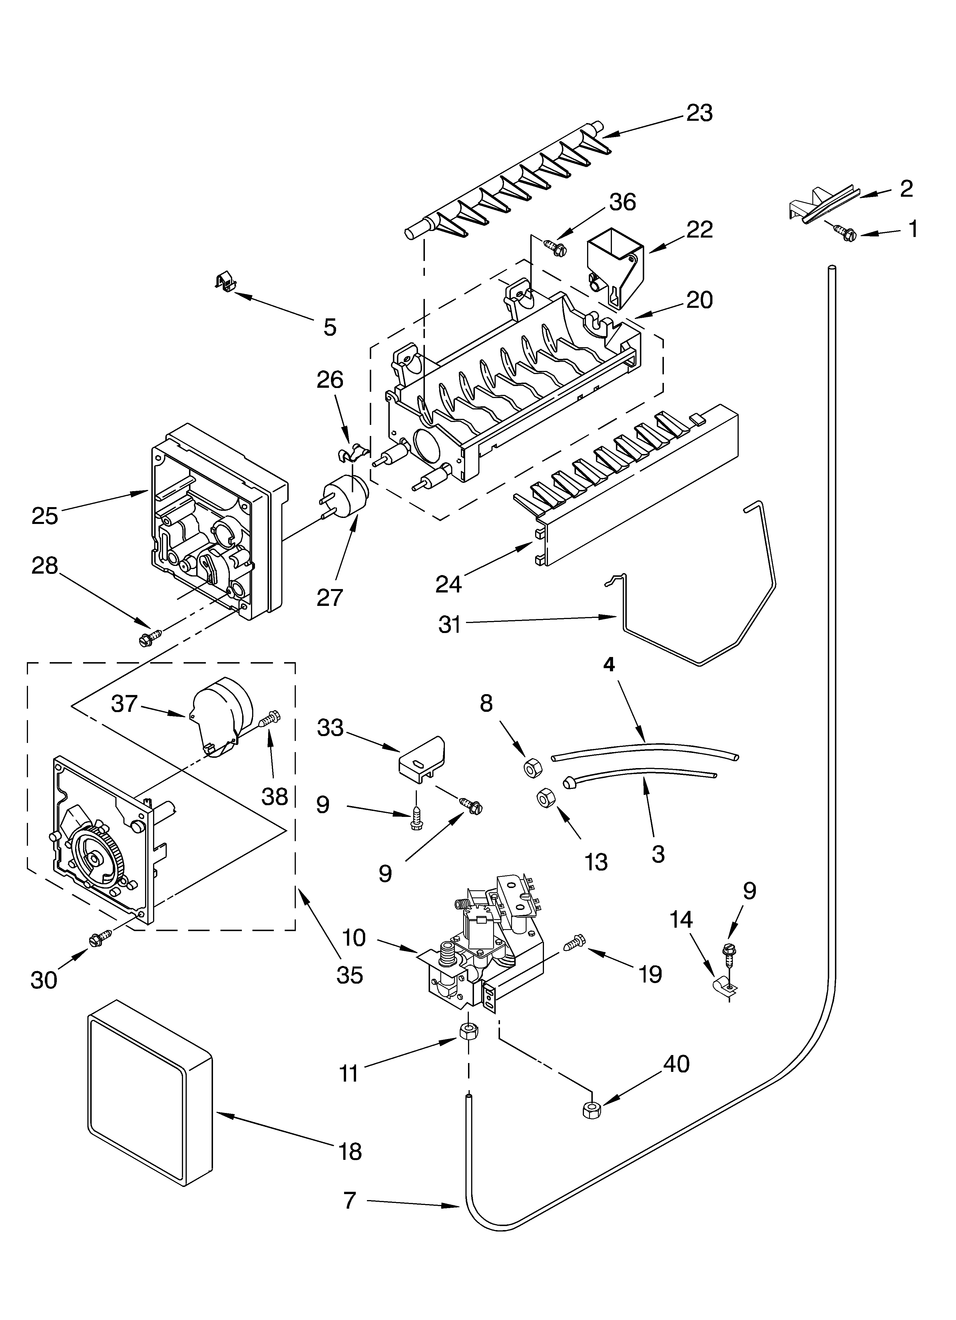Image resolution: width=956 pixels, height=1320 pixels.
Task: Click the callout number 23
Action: click(x=699, y=113)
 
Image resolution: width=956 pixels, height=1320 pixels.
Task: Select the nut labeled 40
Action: click(x=591, y=1110)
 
